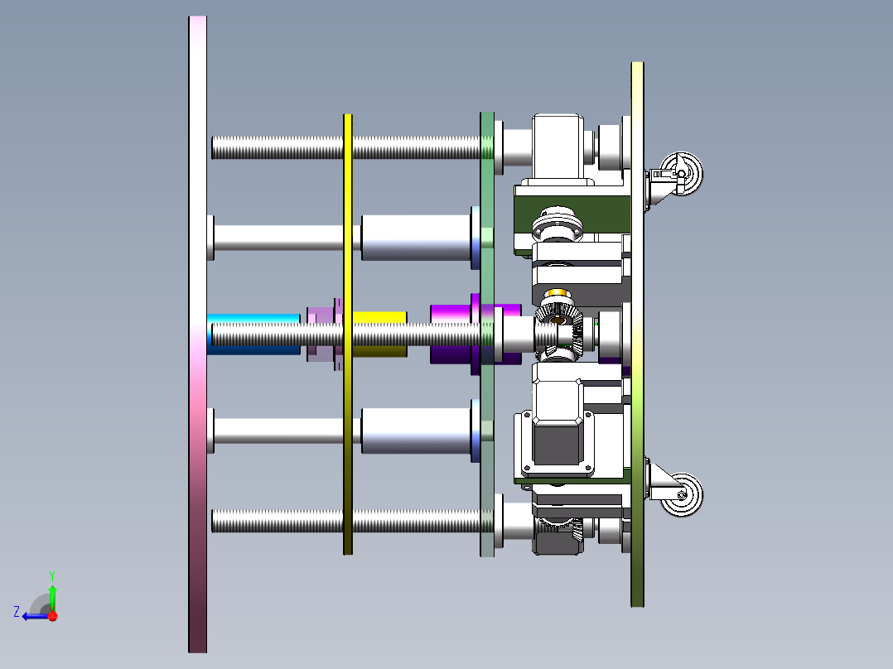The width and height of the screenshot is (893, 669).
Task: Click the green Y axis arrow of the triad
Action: coord(52,594)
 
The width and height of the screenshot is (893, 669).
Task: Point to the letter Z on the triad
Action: coord(17,612)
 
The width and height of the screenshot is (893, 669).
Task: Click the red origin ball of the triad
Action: coord(52,615)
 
